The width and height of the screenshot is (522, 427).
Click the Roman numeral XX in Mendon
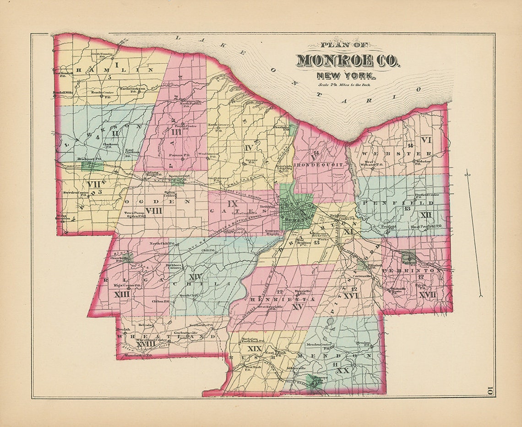343,370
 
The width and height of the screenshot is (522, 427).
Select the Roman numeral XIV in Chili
195,277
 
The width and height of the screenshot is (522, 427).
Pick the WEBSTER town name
397,153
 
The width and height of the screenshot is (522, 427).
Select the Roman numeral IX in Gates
233,204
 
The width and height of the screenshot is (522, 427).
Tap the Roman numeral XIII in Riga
122,295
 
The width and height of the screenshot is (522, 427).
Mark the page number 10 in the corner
489,391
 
